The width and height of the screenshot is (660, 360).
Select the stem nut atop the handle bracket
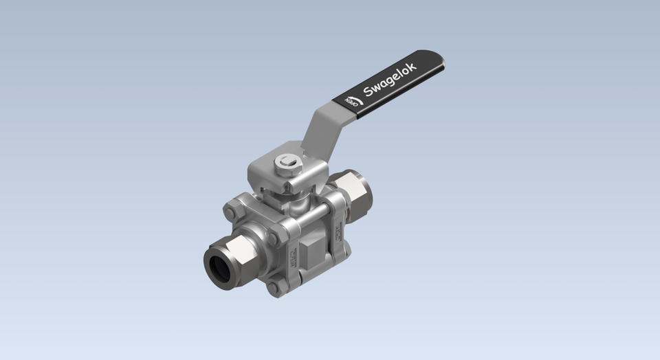(x=287, y=163)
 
